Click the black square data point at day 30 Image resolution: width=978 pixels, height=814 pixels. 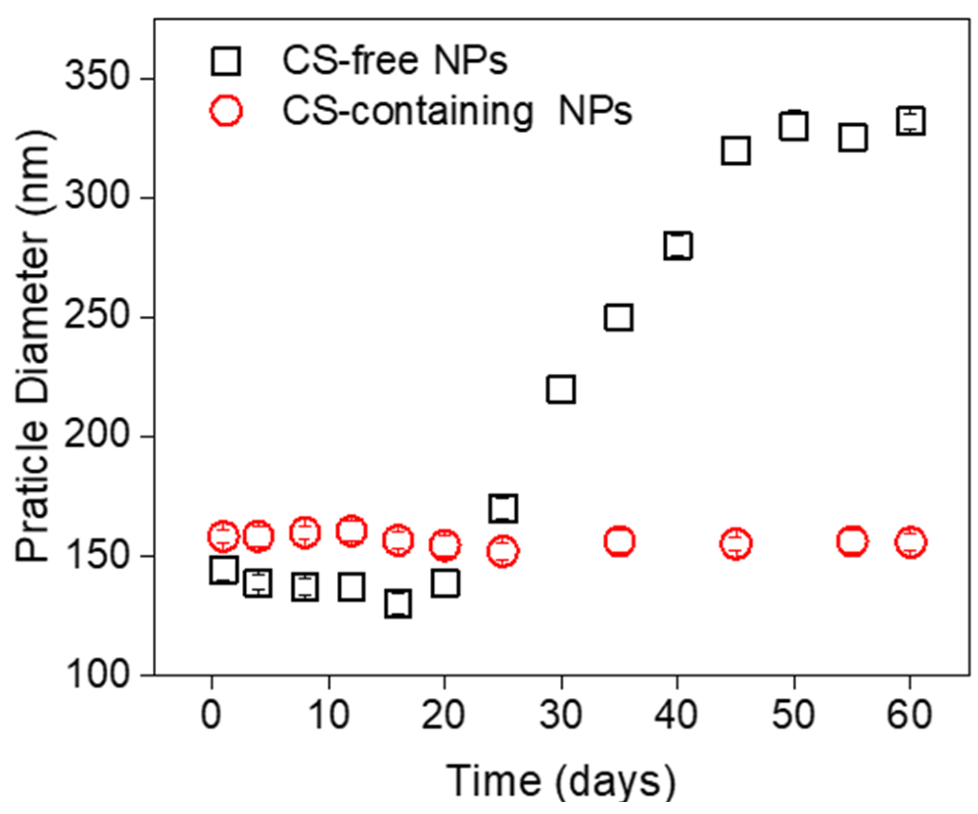(561, 390)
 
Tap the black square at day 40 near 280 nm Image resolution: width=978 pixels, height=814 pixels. (678, 246)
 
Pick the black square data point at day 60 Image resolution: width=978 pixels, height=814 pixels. (910, 120)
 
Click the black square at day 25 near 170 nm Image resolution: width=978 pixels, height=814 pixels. (503, 508)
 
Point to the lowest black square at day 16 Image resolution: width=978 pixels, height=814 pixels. (398, 604)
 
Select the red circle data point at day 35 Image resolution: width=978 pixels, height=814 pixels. (619, 542)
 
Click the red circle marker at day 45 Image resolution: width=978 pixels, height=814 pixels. (736, 544)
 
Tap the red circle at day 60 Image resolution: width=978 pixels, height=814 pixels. (910, 543)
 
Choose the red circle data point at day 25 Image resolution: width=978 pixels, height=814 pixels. (503, 551)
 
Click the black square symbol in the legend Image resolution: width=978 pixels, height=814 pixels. (226, 61)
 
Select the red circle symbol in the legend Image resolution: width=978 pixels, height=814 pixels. (226, 111)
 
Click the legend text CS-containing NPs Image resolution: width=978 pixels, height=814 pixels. (457, 112)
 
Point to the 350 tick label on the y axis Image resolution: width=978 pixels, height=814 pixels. (96, 77)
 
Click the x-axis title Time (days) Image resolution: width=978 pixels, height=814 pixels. (561, 781)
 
